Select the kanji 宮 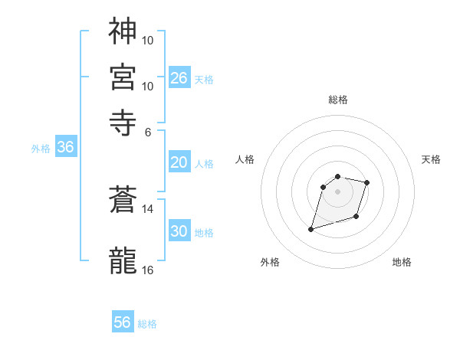pyautogui.click(x=123, y=76)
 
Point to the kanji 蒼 pyautogui.click(x=123, y=201)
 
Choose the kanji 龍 pyautogui.click(x=123, y=260)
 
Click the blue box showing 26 pyautogui.click(x=179, y=77)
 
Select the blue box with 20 pyautogui.click(x=179, y=162)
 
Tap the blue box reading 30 pyautogui.click(x=179, y=231)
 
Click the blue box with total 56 pyautogui.click(x=123, y=322)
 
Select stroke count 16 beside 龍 pyautogui.click(x=148, y=270)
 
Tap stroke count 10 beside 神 pyautogui.click(x=148, y=39)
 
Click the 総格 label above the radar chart pyautogui.click(x=337, y=100)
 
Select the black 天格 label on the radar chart pyautogui.click(x=431, y=159)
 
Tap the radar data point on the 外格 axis pyautogui.click(x=311, y=228)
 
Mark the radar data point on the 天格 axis pyautogui.click(x=367, y=182)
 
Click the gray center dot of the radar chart pyautogui.click(x=337, y=191)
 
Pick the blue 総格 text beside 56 pyautogui.click(x=147, y=324)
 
